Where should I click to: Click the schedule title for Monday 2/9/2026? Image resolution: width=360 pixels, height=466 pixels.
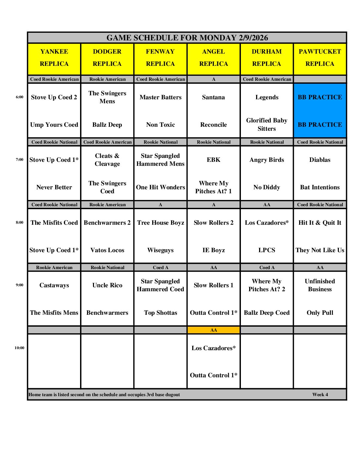click(x=187, y=38)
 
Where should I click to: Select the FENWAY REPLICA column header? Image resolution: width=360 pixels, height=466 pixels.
click(x=160, y=58)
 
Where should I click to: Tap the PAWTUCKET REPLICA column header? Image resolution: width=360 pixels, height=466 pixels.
click(x=320, y=58)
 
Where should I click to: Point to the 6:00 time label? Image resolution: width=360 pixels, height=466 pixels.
click(x=20, y=97)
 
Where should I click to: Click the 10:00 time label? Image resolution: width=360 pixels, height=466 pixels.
click(x=19, y=348)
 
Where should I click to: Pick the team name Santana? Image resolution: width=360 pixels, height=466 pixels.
click(x=213, y=97)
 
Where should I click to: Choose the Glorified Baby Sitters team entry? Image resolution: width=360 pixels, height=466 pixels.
click(x=267, y=124)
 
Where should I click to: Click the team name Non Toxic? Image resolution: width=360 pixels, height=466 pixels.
click(x=160, y=125)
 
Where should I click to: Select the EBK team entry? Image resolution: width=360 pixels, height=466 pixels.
click(x=213, y=160)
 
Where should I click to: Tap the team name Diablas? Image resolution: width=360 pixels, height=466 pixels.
click(x=320, y=160)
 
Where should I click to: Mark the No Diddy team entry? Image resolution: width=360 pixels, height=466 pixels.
click(x=267, y=187)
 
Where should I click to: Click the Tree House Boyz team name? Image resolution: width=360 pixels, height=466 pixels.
click(x=160, y=223)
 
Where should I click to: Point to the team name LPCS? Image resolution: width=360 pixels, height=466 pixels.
click(x=267, y=250)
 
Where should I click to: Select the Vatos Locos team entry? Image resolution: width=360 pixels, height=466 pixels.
click(x=107, y=250)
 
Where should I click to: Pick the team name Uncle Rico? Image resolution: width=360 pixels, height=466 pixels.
click(x=107, y=285)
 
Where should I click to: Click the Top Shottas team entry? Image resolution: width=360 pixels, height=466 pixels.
click(x=160, y=313)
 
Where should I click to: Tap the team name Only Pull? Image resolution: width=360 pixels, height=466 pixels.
click(x=320, y=313)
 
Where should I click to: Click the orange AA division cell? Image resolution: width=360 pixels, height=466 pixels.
click(x=213, y=330)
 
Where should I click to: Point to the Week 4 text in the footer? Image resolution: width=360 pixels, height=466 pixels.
click(x=320, y=395)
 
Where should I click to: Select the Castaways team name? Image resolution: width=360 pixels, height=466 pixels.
click(x=54, y=285)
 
